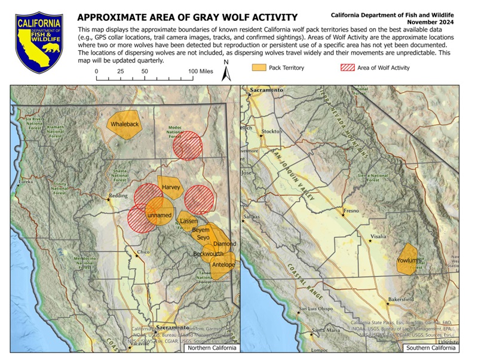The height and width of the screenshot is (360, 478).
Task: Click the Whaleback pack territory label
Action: (x=124, y=124)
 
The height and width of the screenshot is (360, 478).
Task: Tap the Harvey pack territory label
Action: (x=171, y=187)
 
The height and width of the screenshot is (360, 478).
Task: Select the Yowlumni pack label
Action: (x=410, y=261)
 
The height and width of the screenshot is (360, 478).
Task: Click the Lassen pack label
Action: (x=189, y=221)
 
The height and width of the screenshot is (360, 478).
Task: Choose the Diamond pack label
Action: (x=225, y=244)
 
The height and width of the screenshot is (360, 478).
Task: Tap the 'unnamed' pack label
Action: (x=159, y=215)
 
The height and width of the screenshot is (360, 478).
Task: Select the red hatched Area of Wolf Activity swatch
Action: (x=348, y=68)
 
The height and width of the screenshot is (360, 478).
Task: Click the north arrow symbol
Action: (x=226, y=73)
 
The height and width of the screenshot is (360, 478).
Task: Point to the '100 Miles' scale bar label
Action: (x=201, y=71)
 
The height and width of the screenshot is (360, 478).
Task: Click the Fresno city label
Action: (x=351, y=211)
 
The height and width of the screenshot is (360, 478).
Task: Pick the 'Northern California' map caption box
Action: (x=211, y=348)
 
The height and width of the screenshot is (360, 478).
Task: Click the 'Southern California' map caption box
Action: (x=430, y=348)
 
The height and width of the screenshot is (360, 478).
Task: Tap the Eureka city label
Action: (x=26, y=181)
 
